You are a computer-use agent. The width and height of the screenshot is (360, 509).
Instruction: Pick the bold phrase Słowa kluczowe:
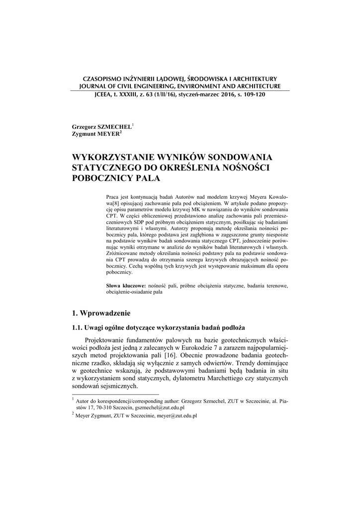[x=126, y=286]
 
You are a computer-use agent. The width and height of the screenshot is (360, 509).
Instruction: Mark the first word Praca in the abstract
[x=113, y=197]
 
